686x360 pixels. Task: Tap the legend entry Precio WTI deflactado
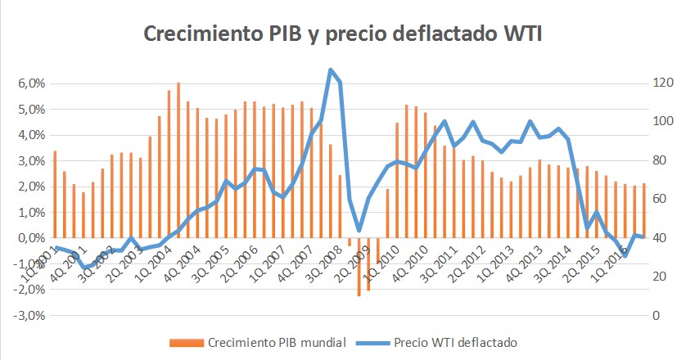(456, 342)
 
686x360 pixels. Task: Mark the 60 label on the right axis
(659, 199)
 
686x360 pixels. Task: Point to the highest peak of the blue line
(330, 70)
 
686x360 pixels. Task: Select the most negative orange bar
(359, 267)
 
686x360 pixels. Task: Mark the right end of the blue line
(644, 236)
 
